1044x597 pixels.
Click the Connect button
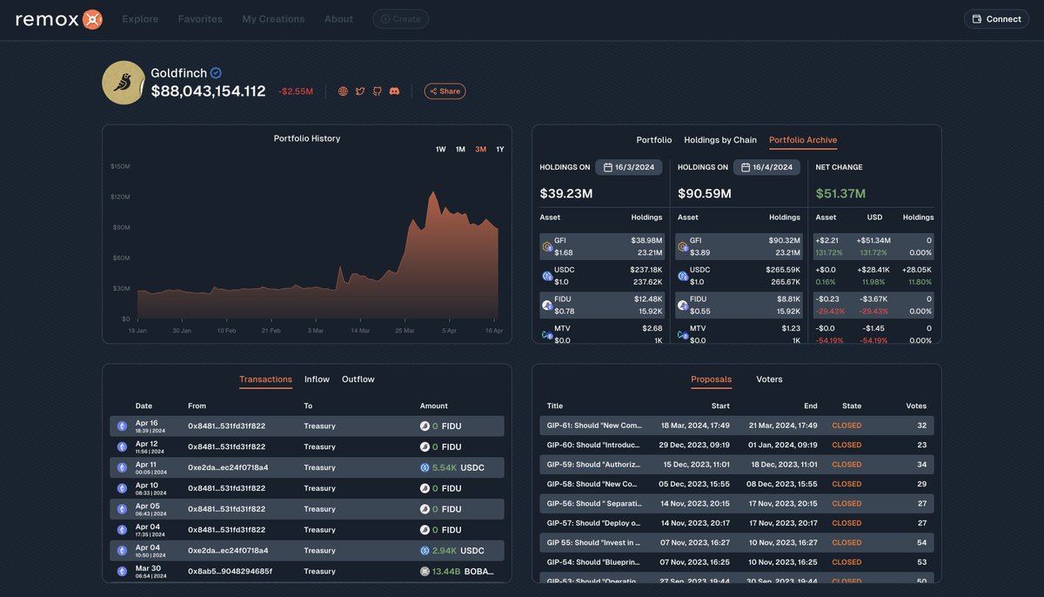click(996, 19)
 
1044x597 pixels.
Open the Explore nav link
click(140, 19)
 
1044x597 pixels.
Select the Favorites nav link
click(200, 19)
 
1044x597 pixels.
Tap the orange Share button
click(445, 91)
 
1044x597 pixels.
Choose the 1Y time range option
click(500, 150)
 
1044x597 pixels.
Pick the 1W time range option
click(440, 150)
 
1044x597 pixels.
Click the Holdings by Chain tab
click(720, 140)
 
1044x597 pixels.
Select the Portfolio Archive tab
click(803, 140)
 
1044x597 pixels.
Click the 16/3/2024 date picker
click(629, 167)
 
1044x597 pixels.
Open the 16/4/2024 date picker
click(766, 167)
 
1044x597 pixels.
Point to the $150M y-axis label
click(120, 166)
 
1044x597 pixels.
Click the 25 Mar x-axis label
click(405, 331)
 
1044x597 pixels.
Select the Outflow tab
click(358, 379)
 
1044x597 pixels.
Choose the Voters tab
click(769, 379)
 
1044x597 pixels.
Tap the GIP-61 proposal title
click(594, 426)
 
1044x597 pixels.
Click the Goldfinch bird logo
click(124, 83)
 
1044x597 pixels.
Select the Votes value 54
click(921, 543)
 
